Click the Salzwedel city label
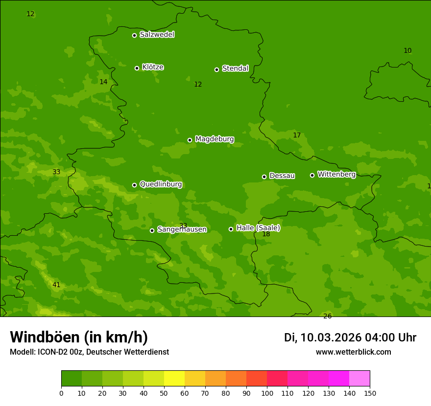click(x=157, y=35)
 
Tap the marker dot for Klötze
click(x=137, y=68)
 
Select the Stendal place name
click(x=235, y=68)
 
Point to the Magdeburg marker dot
click(x=190, y=140)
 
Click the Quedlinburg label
click(x=161, y=184)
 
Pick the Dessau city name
click(x=282, y=176)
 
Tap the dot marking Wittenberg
click(x=312, y=175)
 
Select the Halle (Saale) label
click(x=258, y=228)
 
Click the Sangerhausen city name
click(x=182, y=229)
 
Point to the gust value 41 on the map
click(x=56, y=285)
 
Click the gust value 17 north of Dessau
click(x=297, y=135)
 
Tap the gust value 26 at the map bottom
click(x=327, y=316)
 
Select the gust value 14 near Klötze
click(x=103, y=82)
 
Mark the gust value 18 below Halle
click(x=266, y=234)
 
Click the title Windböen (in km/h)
click(x=79, y=337)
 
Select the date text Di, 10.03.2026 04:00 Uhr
click(x=350, y=338)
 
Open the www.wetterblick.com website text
click(x=353, y=352)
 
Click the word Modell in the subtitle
click(x=22, y=352)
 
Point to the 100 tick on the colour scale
click(x=267, y=393)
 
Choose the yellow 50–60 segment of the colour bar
click(x=174, y=378)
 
